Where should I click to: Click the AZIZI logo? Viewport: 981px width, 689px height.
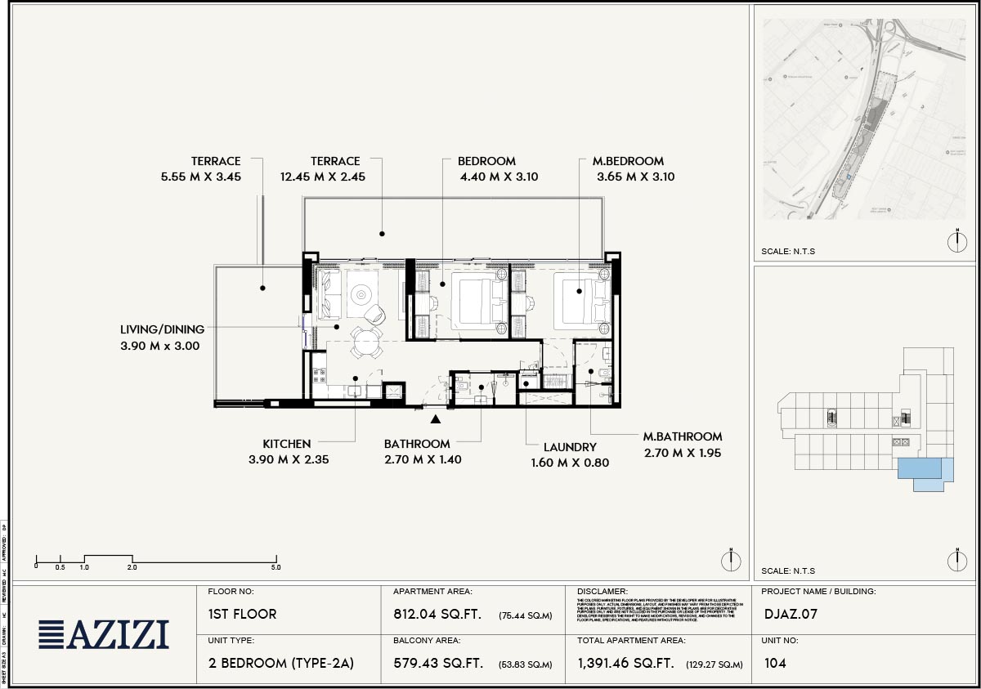(x=104, y=634)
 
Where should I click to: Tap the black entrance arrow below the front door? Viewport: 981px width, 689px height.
(x=437, y=419)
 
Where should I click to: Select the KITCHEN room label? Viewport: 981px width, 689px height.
(x=286, y=444)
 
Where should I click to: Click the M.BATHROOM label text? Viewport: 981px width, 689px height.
(x=682, y=436)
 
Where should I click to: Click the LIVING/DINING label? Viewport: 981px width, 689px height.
(x=162, y=329)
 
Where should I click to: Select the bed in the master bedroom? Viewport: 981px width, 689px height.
(x=580, y=300)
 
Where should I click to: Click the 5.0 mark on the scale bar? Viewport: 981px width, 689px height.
(x=275, y=566)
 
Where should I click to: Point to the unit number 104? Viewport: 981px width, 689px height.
(x=775, y=663)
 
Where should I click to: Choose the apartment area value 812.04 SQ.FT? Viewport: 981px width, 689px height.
(x=437, y=615)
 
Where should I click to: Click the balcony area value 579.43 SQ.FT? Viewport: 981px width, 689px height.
(x=437, y=664)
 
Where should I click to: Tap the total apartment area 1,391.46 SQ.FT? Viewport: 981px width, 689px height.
(x=625, y=664)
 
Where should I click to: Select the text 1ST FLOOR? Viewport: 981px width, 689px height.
(x=243, y=614)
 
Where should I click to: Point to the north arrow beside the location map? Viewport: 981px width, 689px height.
(x=956, y=242)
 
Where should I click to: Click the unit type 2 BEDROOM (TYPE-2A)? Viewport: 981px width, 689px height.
(x=281, y=664)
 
